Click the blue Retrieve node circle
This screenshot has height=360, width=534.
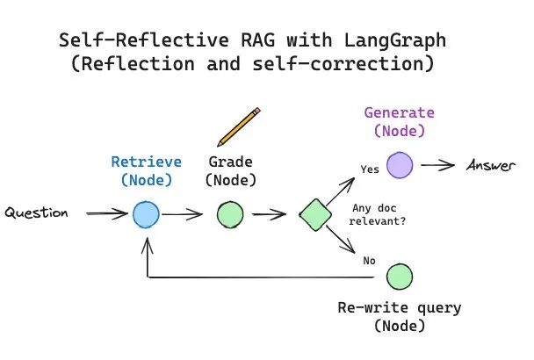pyautogui.click(x=146, y=214)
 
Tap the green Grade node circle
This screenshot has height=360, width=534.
pyautogui.click(x=230, y=214)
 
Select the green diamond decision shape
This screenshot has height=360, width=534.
pyautogui.click(x=314, y=214)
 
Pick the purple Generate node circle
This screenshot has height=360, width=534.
pyautogui.click(x=400, y=164)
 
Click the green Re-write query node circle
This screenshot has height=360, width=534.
pyautogui.click(x=400, y=277)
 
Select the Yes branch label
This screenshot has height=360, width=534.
pyautogui.click(x=370, y=169)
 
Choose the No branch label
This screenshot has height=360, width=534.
pyautogui.click(x=368, y=260)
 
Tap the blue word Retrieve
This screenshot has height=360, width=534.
pyautogui.click(x=146, y=162)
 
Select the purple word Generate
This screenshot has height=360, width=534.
pyautogui.click(x=400, y=113)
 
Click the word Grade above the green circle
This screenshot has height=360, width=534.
pyautogui.click(x=229, y=162)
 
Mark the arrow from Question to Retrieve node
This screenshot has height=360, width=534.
pyautogui.click(x=105, y=214)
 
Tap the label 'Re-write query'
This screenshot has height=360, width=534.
pyautogui.click(x=400, y=308)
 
